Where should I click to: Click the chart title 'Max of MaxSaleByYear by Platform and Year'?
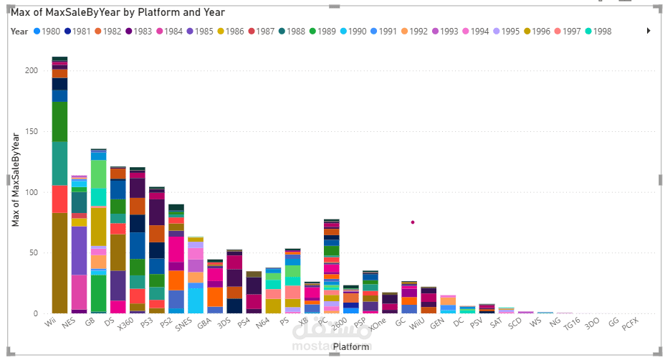118,12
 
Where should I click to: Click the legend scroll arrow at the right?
649,32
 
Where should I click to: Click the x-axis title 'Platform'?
351,346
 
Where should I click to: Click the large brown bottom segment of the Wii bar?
60,262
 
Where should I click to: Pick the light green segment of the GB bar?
99,174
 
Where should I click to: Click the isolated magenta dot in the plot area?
413,222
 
